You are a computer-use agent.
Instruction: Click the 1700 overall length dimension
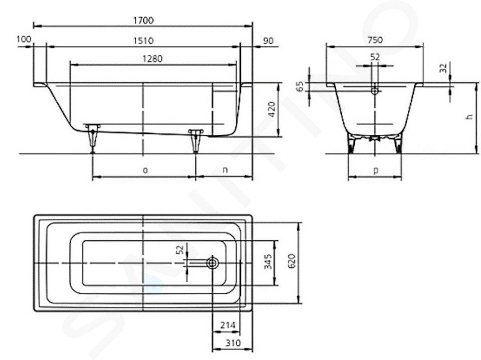tap(143, 20)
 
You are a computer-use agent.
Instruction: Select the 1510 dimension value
tap(143, 41)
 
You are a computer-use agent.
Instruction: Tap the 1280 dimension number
tap(152, 58)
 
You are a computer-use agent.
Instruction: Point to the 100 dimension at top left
tap(24, 39)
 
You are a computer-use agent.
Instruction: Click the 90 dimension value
tap(268, 41)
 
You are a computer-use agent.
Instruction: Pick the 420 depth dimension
tap(272, 110)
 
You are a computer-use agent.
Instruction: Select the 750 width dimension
tap(375, 40)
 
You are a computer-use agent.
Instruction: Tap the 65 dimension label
tap(300, 86)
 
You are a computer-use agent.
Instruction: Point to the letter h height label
tap(469, 117)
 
